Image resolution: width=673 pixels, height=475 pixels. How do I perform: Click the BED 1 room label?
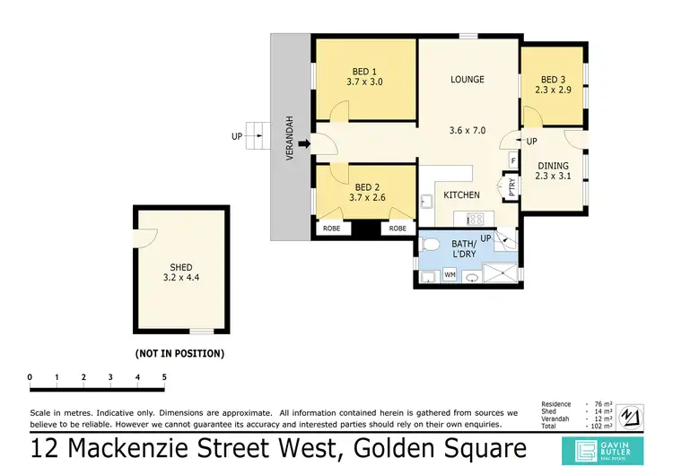pos(364,70)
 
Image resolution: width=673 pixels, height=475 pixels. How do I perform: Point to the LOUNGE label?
pos(468,80)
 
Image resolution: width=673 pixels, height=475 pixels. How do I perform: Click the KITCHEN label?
pos(461,194)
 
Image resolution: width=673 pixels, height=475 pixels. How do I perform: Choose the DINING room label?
pos(553,165)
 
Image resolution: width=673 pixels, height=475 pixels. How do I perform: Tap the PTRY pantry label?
pos(512,187)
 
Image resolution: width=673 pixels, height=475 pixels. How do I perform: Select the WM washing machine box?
pos(450,275)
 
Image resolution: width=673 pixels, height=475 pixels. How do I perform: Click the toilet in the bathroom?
pos(430,244)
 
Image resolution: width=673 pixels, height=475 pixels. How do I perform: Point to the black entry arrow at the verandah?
pos(304,142)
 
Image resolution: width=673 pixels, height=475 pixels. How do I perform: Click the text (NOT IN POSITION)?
pos(179,353)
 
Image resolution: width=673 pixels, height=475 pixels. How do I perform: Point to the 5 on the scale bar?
pos(164,376)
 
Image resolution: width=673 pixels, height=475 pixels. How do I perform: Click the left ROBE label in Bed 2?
pos(331,229)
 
